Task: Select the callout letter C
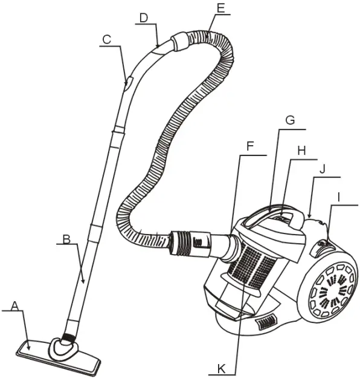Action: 107,40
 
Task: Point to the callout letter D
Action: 143,18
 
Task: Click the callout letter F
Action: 250,145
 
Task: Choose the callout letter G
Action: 290,120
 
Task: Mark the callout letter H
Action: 303,150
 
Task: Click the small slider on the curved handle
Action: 126,85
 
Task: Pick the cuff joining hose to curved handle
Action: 180,44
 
